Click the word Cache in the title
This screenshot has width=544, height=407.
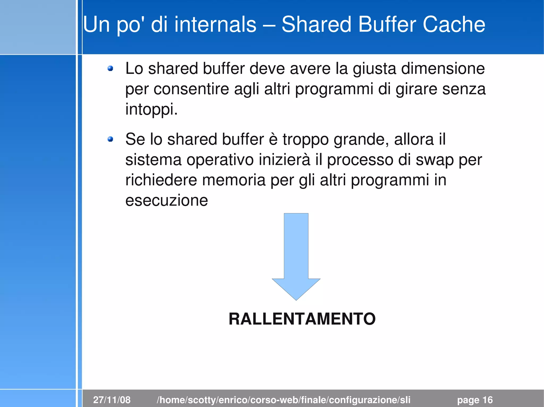[x=454, y=24]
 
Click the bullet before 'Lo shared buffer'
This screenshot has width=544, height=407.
[x=110, y=69]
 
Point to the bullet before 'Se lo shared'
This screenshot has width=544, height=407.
[x=110, y=139]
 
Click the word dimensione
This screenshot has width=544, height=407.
[x=443, y=68]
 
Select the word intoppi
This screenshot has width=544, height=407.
[x=151, y=109]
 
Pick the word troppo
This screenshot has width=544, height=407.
[x=305, y=139]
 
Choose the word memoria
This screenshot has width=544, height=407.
[x=234, y=180]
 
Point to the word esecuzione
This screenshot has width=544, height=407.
[x=167, y=200]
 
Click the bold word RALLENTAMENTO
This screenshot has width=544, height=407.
[x=302, y=319]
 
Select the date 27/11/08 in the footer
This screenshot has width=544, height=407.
[x=112, y=400]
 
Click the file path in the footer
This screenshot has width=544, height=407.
[x=283, y=400]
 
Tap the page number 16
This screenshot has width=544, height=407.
[x=487, y=400]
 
